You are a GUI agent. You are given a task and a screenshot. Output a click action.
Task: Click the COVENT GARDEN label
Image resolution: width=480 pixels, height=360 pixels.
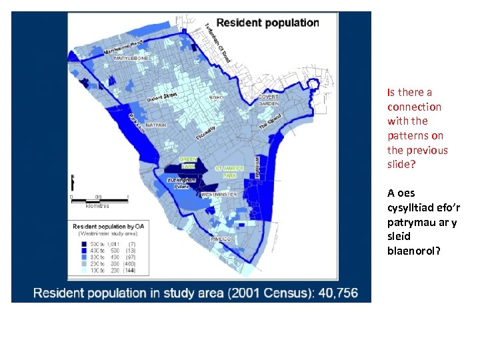click(x=269, y=100)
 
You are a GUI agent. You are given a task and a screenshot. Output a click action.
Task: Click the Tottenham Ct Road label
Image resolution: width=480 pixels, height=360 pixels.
click(x=217, y=41)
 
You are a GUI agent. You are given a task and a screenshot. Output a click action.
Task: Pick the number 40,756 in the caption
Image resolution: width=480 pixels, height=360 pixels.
click(x=328, y=293)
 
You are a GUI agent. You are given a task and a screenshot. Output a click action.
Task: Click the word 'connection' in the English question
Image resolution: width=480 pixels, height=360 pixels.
click(x=414, y=107)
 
